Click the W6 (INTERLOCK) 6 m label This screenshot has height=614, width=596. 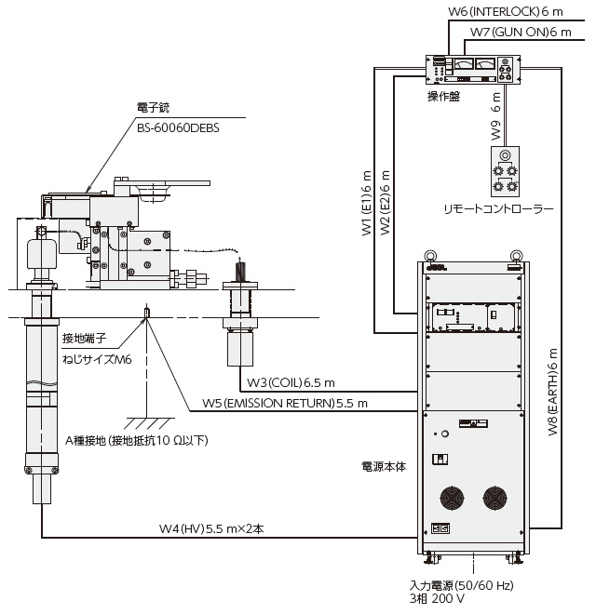[x=502, y=11]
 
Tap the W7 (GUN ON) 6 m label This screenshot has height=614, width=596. [x=520, y=32]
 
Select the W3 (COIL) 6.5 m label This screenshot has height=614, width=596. [x=289, y=382]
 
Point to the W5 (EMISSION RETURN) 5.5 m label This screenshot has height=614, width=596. [x=285, y=403]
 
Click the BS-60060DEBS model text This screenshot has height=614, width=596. [x=177, y=128]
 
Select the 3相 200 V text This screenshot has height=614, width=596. [x=438, y=601]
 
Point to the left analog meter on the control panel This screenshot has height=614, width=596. [x=462, y=64]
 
